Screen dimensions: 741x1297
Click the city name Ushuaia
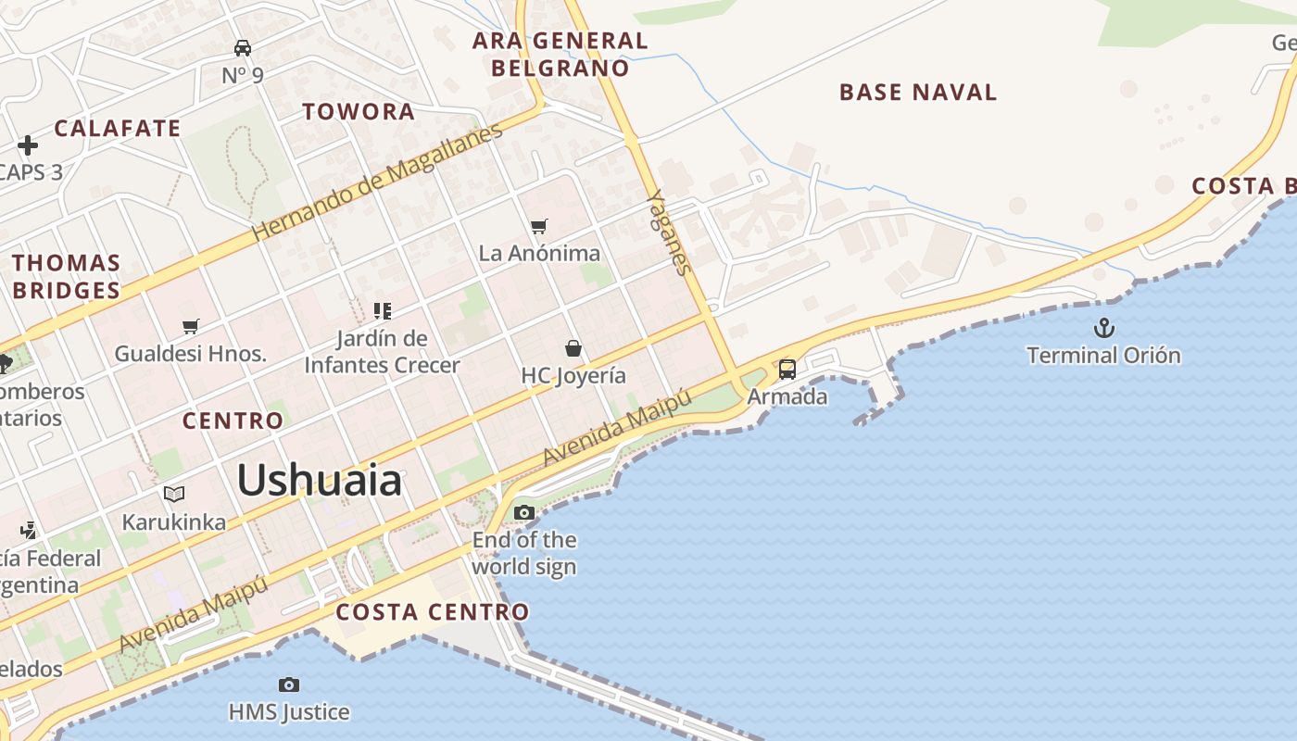coord(320,481)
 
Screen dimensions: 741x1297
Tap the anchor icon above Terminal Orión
coord(1103,328)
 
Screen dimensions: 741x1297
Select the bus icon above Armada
coord(787,370)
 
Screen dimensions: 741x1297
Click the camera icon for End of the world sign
coord(524,512)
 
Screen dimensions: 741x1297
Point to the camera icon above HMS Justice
coord(289,685)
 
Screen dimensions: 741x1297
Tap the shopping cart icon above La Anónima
coord(539,226)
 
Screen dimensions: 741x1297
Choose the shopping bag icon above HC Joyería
coord(573,348)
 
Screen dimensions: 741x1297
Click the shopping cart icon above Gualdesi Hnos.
coord(191,326)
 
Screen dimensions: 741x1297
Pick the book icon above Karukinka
coord(174,494)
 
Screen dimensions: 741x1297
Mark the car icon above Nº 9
coord(243,48)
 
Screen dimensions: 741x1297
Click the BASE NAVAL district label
coord(918,93)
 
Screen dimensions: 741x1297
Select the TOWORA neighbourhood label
coord(359,112)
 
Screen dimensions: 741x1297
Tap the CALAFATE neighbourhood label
coord(118,129)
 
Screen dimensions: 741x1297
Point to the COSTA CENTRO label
coord(433,612)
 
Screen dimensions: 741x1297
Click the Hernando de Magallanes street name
coord(377,182)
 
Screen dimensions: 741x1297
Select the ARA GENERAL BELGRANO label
coord(560,54)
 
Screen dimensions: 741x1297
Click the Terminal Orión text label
coord(1103,355)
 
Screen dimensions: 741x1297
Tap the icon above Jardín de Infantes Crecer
coord(383,310)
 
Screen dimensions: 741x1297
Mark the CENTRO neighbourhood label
coord(233,421)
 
